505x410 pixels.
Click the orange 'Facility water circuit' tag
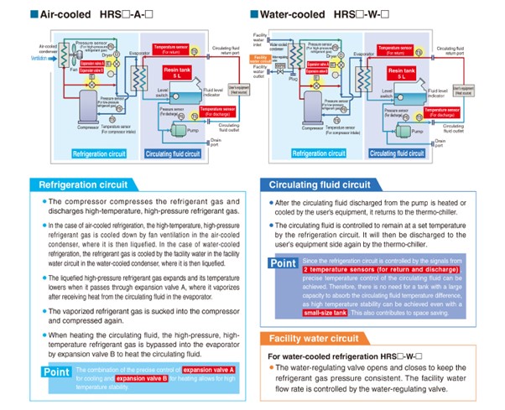tap(268, 59)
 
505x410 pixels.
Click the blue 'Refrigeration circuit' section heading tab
tap(79, 184)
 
